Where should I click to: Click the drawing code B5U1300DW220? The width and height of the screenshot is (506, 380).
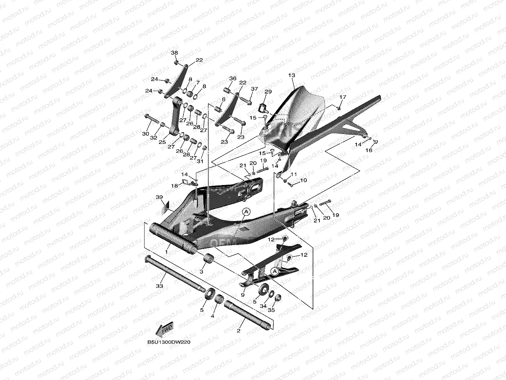tap(169, 342)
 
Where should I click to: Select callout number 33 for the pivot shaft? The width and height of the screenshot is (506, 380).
tap(160, 286)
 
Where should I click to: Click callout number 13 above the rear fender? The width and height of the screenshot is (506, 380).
tap(292, 75)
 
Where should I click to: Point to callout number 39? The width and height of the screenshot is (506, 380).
tap(159, 197)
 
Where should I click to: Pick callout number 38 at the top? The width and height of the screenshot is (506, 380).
tap(174, 53)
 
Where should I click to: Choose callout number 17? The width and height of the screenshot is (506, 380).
tap(343, 97)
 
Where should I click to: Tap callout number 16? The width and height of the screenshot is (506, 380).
tap(369, 150)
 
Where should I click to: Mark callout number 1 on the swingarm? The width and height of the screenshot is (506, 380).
tap(166, 251)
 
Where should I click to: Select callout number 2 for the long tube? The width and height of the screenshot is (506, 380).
tap(238, 330)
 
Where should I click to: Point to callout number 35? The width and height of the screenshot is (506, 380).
tap(271, 310)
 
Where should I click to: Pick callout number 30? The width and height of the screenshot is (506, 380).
tap(145, 134)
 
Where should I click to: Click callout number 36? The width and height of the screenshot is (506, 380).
tap(233, 79)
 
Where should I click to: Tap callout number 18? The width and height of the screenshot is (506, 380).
tap(174, 186)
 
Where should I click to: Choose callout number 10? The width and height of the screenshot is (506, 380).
tap(303, 180)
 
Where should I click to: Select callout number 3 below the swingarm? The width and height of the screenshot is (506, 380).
tap(201, 272)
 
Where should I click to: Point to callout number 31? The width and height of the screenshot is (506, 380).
tap(200, 161)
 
